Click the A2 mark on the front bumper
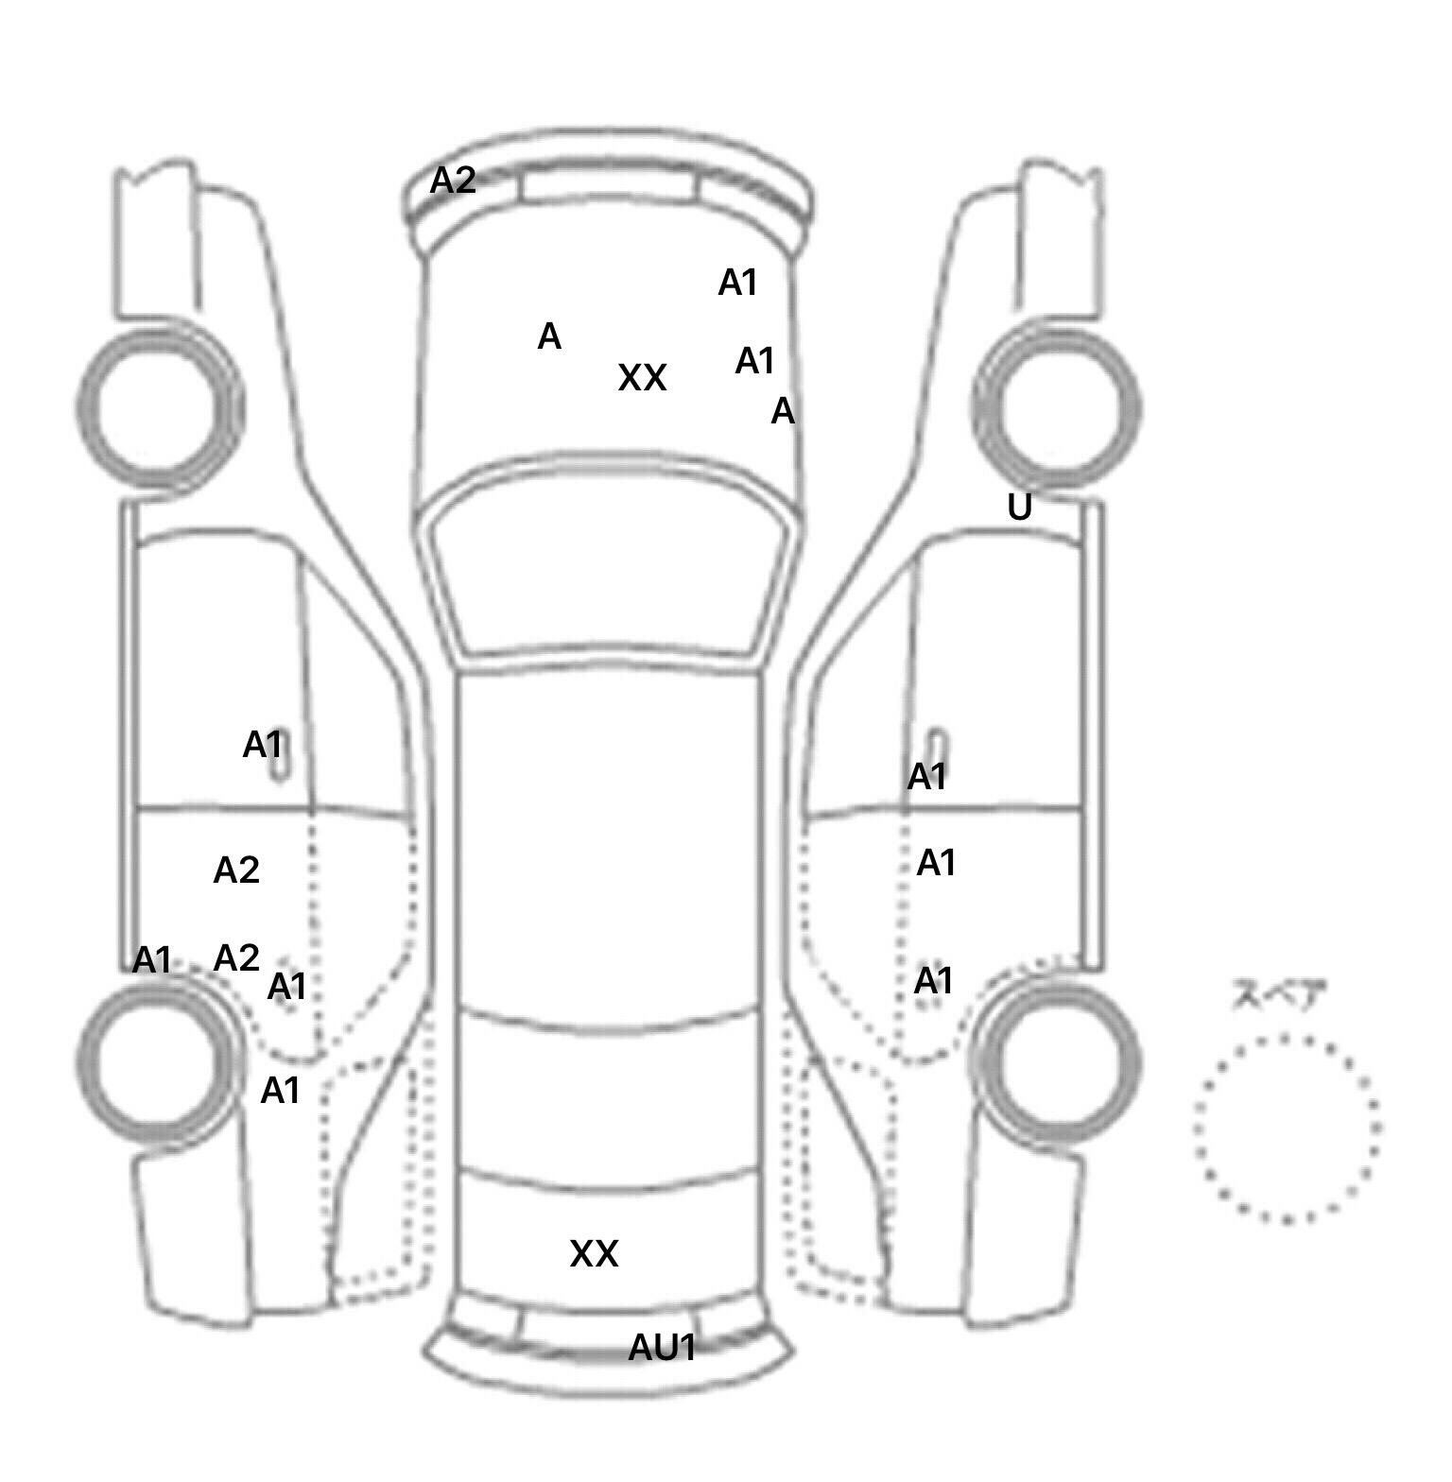pos(453,180)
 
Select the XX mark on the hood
pos(642,378)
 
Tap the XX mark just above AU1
pos(594,1253)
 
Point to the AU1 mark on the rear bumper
pos(663,1347)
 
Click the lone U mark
pos(1019,508)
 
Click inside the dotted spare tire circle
pos(1287,1128)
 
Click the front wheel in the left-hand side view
pos(159,406)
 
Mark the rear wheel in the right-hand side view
pos(1058,1061)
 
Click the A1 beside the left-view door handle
pos(263,745)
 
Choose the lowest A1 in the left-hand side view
pos(280,1091)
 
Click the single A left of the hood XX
pos(549,336)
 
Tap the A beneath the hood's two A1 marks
pos(783,411)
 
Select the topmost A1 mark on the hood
pos(738,283)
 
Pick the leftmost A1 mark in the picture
pos(152,960)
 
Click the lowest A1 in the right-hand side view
pos(933,981)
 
